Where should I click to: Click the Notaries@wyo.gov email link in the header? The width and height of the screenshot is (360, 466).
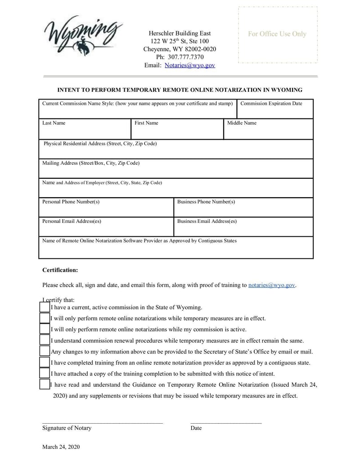(190, 65)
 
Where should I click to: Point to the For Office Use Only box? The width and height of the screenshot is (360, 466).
(277, 35)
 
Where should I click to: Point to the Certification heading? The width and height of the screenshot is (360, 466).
(60, 270)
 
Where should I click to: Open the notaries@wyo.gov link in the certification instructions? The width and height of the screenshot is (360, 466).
(271, 285)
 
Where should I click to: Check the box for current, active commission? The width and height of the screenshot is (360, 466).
(44, 307)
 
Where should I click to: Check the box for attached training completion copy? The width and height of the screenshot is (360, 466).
(44, 373)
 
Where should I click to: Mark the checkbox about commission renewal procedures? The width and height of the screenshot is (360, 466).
(44, 340)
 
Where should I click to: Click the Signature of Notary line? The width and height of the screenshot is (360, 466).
(102, 422)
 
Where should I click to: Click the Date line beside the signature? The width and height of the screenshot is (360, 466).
(226, 422)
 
